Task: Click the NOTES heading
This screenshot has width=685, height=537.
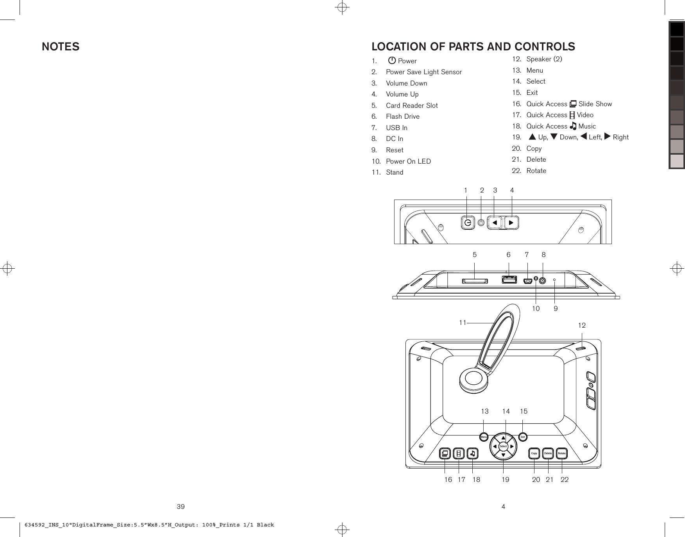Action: coord(61,47)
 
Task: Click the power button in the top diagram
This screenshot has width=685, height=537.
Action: coord(467,223)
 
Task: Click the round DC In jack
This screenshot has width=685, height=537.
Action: coord(543,280)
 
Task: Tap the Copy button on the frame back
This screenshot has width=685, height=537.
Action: coord(534,453)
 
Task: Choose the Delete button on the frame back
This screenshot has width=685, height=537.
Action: coord(548,453)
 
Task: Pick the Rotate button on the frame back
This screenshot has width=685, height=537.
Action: coord(562,453)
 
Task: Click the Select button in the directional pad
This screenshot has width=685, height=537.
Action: coord(503,446)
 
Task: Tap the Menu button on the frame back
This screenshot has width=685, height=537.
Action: coord(484,437)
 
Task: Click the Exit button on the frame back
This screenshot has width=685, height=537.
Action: coord(523,436)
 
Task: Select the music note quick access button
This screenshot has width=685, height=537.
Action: coord(473,453)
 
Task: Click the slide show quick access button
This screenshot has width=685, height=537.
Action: coord(445,453)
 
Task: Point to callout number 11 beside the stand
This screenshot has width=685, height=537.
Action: coord(463,323)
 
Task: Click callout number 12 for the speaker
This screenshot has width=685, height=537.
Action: coord(582,325)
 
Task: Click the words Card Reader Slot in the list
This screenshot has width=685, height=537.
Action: coord(412,105)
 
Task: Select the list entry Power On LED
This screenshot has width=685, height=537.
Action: coord(408,161)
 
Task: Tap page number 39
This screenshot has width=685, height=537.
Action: coord(181,507)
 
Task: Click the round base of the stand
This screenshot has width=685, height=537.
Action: coord(473,379)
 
